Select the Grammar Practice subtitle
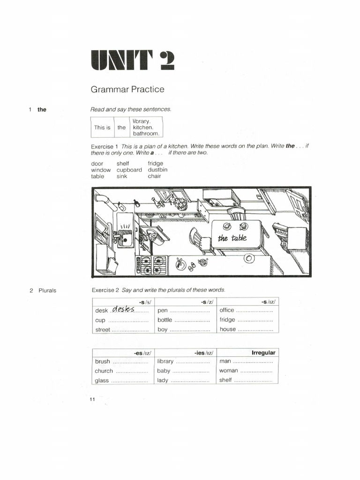tap(127, 89)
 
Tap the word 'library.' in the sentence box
tap(142, 121)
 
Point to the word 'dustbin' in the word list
tap(157, 170)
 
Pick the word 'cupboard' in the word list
tap(129, 170)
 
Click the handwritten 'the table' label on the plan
tap(232, 238)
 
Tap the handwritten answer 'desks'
tap(123, 309)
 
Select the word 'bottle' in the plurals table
tap(165, 320)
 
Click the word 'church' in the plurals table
tap(104, 371)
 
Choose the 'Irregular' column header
tap(263, 352)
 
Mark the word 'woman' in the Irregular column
tap(228, 371)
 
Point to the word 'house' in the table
tap(227, 330)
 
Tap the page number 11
tap(91, 399)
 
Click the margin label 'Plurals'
tap(47, 290)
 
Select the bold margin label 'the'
tap(42, 110)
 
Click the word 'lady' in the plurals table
tap(163, 380)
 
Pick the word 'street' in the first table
tap(103, 330)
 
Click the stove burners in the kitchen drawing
tap(152, 264)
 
